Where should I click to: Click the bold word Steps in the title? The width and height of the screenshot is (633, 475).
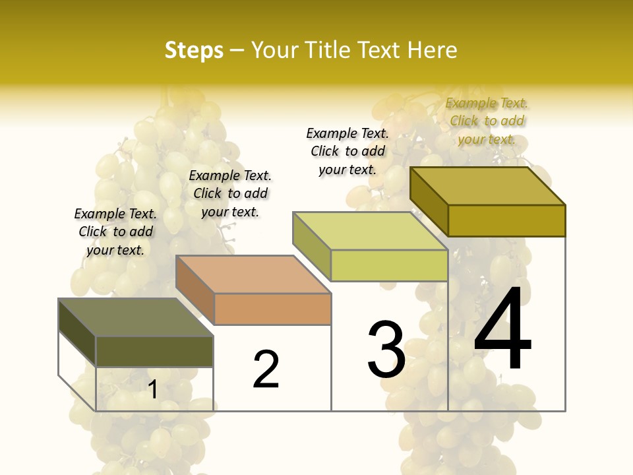[194, 51]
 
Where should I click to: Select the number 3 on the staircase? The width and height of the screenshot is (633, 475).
[386, 350]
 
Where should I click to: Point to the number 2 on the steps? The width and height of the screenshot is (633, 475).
[266, 369]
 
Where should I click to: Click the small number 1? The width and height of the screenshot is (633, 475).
[153, 389]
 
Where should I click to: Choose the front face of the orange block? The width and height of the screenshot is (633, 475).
[272, 309]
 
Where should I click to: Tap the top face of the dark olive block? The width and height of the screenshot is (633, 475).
[136, 317]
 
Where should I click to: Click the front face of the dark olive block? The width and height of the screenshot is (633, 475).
[154, 351]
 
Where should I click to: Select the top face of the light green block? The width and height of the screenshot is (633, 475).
[371, 231]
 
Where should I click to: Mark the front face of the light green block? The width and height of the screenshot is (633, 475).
[389, 265]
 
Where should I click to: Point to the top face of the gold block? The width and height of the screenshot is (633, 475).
[488, 186]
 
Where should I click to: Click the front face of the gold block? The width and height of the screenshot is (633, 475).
[506, 220]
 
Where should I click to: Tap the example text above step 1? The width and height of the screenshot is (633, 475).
[115, 232]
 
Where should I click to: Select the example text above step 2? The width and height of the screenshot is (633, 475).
[230, 193]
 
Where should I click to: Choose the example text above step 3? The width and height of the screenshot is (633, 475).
[347, 151]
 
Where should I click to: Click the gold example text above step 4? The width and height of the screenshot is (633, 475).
[487, 121]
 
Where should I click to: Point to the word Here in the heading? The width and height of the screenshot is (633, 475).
[433, 51]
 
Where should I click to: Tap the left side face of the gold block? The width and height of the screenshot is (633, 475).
[429, 201]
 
